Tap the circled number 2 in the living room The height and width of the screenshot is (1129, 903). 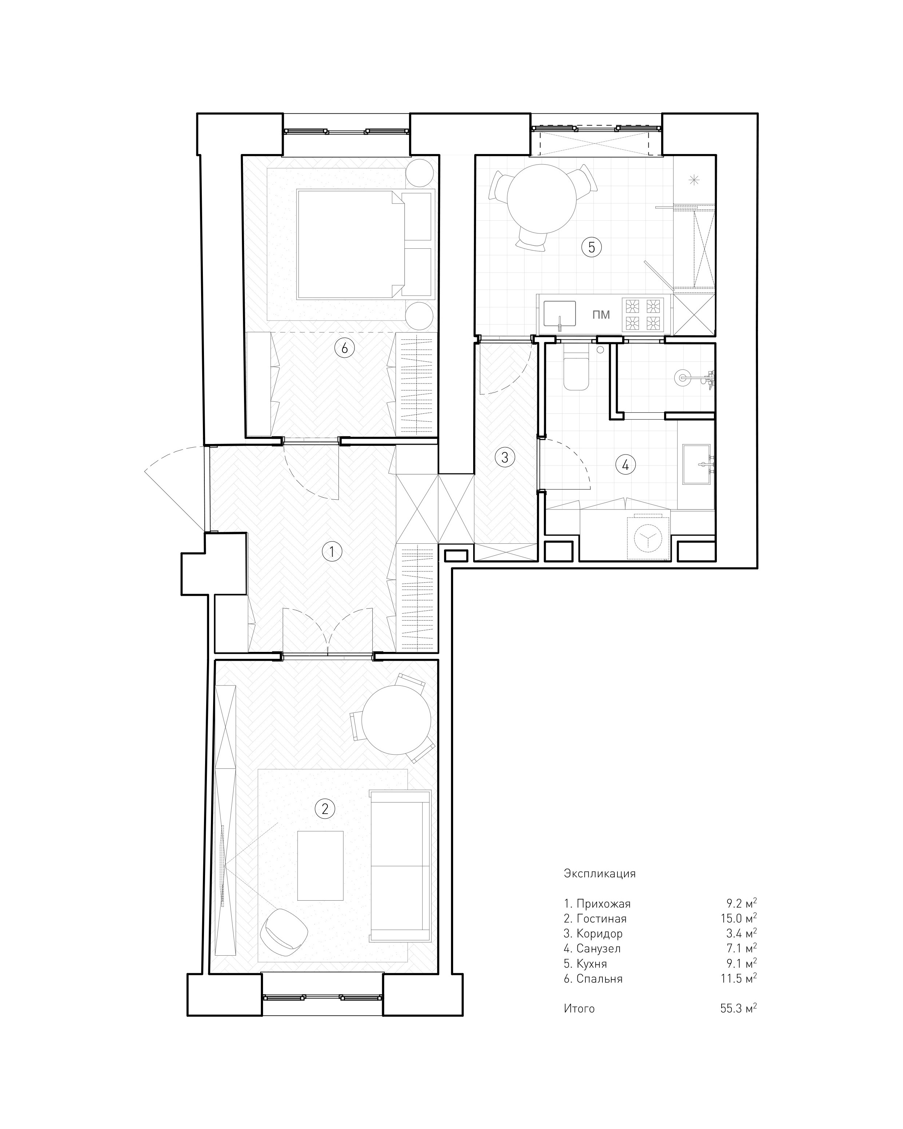(325, 809)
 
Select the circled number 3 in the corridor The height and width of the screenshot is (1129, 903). (504, 457)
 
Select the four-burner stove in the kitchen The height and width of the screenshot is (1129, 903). (643, 314)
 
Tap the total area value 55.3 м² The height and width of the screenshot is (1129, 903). (738, 1008)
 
